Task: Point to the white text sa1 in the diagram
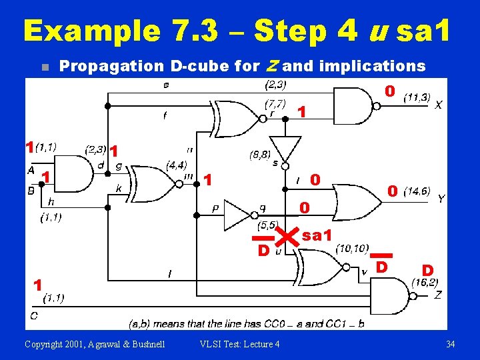tap(317, 235)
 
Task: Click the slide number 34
tap(451, 344)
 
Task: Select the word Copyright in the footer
tap(45, 344)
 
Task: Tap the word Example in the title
tap(91, 31)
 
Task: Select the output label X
tap(438, 105)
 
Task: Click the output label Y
tap(441, 199)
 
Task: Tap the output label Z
tap(437, 294)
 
